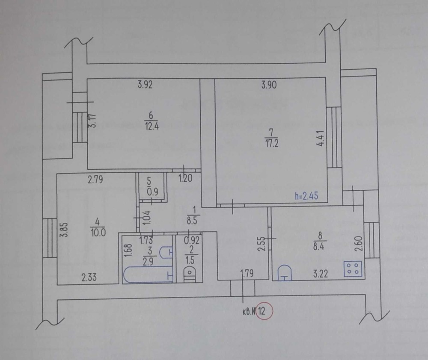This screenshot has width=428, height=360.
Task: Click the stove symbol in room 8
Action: click(353, 269)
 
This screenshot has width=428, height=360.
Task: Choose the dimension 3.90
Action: click(269, 85)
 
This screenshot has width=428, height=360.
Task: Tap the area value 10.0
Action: click(98, 232)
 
